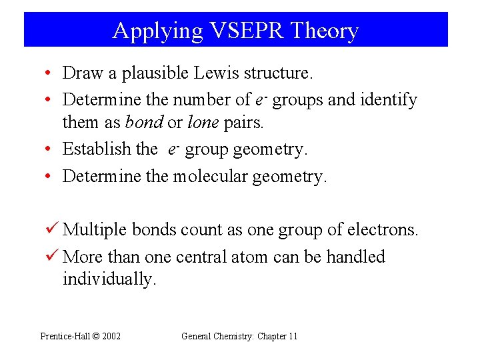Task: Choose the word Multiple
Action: click(95, 230)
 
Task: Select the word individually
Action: click(109, 279)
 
